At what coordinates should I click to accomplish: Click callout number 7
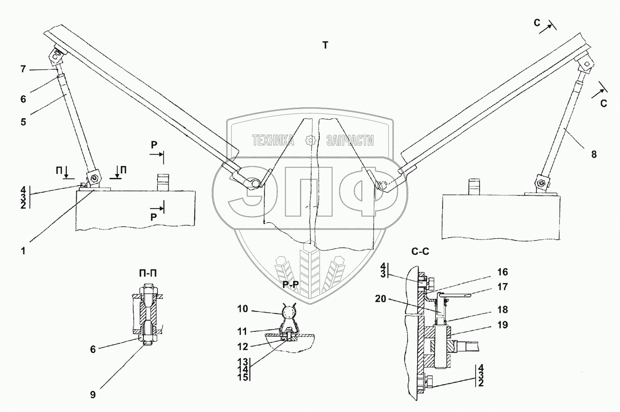(23, 69)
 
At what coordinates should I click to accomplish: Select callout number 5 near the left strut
(23, 122)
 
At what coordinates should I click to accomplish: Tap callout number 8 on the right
(594, 154)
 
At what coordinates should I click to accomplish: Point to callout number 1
(23, 251)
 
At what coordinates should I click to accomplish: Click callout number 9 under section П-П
(93, 395)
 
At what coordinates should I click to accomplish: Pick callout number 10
(243, 309)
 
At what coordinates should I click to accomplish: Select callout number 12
(243, 346)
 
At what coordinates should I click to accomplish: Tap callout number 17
(502, 287)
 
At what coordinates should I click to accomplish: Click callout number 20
(381, 299)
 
